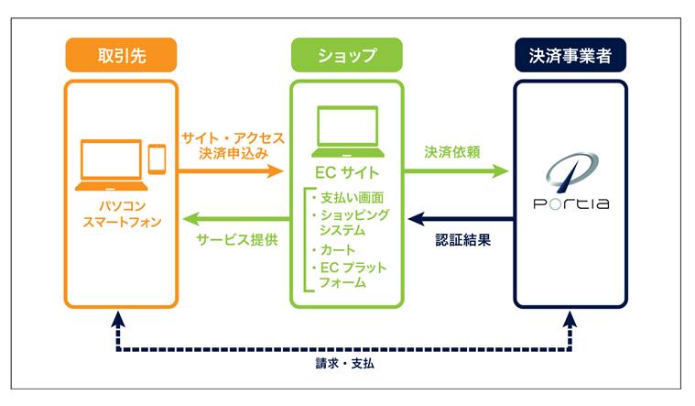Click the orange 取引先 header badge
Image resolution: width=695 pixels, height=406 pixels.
(121, 55)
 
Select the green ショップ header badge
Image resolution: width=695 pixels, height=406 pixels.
(347, 55)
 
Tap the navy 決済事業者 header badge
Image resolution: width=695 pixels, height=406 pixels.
(570, 55)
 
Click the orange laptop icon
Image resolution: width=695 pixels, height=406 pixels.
(111, 165)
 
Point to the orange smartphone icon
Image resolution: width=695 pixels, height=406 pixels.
(157, 159)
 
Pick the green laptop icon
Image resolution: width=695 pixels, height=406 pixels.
(348, 131)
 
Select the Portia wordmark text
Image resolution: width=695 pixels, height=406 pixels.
(570, 203)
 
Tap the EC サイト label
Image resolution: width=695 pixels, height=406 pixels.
(347, 172)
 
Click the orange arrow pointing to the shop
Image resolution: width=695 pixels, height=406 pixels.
(231, 170)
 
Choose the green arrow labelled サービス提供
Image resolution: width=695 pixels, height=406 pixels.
(236, 219)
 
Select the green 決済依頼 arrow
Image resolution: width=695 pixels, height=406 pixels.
(456, 170)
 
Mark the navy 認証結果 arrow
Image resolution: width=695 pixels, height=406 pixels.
(461, 219)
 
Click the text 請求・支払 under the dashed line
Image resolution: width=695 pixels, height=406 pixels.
(345, 364)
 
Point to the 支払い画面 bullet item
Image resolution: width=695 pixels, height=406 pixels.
(348, 197)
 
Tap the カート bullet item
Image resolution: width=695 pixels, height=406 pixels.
(333, 250)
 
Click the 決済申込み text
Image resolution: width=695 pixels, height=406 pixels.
(233, 154)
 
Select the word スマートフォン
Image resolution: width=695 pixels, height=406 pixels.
(122, 222)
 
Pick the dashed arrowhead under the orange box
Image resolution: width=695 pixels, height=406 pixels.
(118, 319)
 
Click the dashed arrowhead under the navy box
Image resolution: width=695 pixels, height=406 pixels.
(570, 319)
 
